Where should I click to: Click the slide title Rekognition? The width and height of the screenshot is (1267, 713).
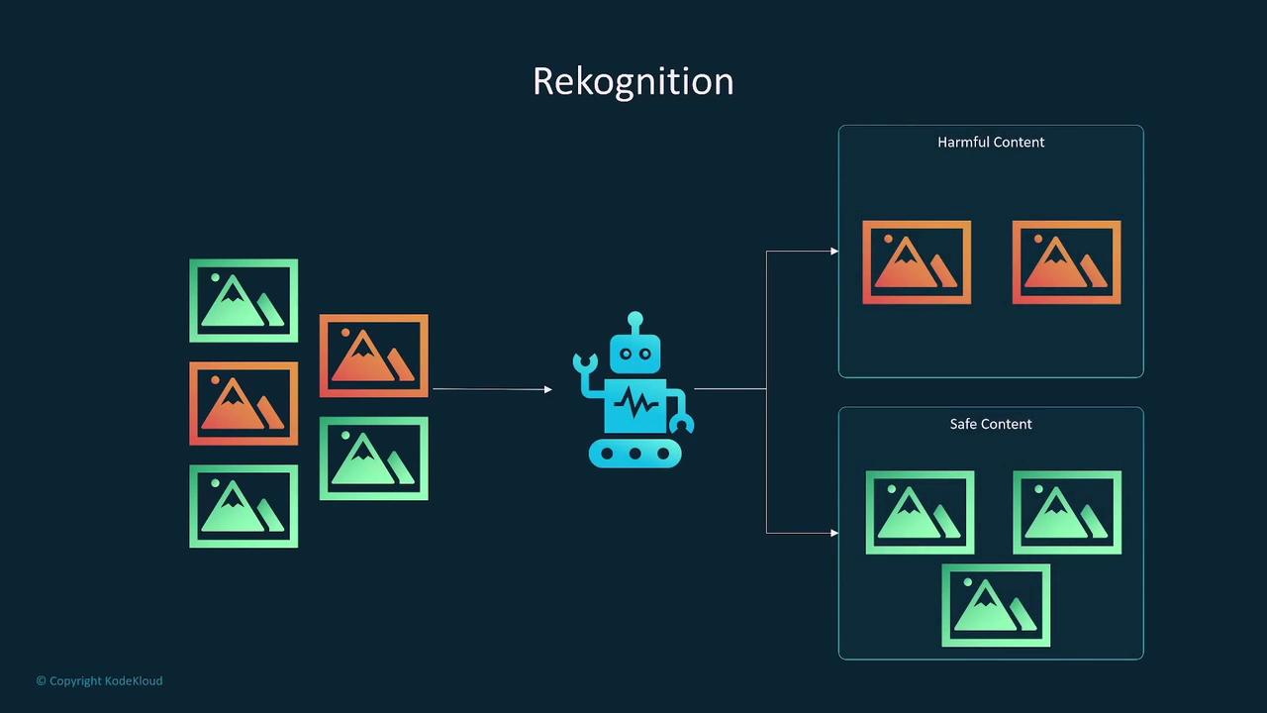coord(633,81)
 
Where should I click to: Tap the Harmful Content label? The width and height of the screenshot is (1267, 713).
coord(991,142)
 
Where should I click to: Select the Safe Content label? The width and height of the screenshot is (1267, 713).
coord(991,424)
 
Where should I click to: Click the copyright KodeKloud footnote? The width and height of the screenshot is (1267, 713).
coord(99,680)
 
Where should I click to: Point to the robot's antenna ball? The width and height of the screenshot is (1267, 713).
coord(634,319)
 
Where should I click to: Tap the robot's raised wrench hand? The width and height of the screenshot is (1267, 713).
coord(585,363)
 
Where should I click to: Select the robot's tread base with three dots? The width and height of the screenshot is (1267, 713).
coord(634,454)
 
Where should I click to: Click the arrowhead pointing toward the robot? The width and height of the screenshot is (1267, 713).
coord(547,389)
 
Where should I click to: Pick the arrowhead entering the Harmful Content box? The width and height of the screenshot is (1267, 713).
coord(834,252)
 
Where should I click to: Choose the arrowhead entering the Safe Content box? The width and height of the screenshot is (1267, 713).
coord(834,533)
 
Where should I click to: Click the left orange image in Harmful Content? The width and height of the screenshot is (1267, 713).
coord(917,262)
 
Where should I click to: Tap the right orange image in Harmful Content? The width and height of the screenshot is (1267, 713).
coord(1066,262)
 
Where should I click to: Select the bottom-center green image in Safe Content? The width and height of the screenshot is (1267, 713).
coord(996,605)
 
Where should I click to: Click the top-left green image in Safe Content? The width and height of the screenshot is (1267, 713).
coord(920,512)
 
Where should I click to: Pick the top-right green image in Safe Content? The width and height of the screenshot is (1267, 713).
coord(1067,512)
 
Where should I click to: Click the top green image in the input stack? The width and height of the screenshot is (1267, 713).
coord(244,300)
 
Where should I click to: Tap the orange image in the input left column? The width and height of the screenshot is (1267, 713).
coord(244,403)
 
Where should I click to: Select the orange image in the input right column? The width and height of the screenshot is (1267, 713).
coord(374,356)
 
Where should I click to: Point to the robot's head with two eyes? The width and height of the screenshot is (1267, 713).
coord(634,353)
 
